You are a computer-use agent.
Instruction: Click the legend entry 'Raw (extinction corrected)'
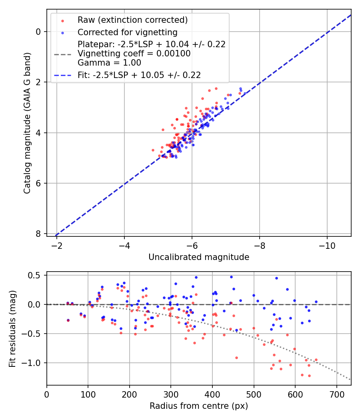132,20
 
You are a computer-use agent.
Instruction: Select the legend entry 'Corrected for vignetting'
127,32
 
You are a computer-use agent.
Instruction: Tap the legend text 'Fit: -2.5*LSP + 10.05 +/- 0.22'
139,75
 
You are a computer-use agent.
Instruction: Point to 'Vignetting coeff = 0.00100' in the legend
134,54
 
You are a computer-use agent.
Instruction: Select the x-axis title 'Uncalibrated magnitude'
199,257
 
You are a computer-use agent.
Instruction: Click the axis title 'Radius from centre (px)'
199,406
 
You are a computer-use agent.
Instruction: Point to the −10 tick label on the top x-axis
327,244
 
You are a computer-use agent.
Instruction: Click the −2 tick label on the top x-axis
57,244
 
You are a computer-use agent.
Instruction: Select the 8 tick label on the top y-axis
38,234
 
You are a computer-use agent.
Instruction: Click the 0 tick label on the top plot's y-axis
38,32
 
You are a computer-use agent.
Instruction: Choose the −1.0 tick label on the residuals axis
34,363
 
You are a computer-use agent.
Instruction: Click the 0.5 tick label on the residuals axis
36,275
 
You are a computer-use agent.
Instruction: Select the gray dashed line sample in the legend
62,54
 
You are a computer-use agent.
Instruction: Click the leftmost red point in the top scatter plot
153,150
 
